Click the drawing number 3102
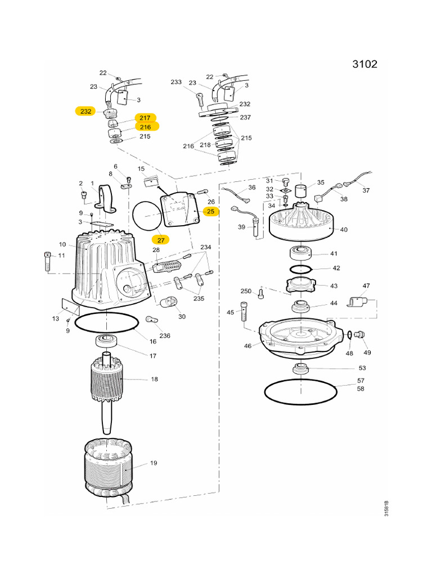[x=364, y=64]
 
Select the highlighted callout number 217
[x=145, y=118]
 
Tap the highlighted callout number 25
[x=210, y=212]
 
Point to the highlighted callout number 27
[x=160, y=239]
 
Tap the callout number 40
[x=344, y=229]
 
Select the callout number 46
[x=247, y=346]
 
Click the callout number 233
[x=176, y=82]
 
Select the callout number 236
[x=164, y=336]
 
